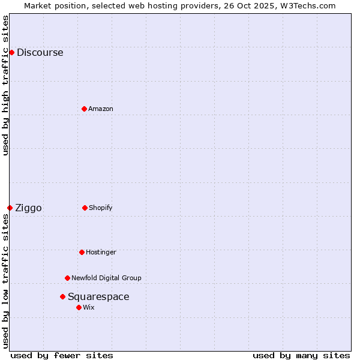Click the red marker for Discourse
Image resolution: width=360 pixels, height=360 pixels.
click(x=11, y=52)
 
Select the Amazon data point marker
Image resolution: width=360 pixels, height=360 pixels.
click(x=84, y=109)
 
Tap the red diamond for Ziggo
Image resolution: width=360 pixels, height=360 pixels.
click(x=10, y=208)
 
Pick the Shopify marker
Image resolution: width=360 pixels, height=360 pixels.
click(x=85, y=208)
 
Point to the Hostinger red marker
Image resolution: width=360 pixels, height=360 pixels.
click(x=82, y=252)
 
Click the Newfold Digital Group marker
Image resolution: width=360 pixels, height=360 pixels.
click(x=67, y=278)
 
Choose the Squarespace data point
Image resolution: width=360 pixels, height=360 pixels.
click(x=62, y=296)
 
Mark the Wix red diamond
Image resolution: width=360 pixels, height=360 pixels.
click(x=79, y=307)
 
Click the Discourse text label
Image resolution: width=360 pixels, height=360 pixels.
click(x=40, y=52)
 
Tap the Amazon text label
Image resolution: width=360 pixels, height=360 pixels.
click(x=101, y=109)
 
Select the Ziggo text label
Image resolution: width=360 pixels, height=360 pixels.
click(x=28, y=208)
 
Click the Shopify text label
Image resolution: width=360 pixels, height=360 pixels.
click(x=101, y=208)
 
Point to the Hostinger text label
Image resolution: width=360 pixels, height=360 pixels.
click(x=101, y=252)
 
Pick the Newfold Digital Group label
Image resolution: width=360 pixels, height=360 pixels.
click(x=106, y=278)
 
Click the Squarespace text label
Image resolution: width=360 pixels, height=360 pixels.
click(x=98, y=296)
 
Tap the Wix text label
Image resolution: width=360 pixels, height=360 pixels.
click(x=89, y=307)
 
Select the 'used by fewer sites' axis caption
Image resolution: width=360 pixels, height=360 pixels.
click(x=62, y=355)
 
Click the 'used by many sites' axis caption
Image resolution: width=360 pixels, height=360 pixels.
click(x=301, y=355)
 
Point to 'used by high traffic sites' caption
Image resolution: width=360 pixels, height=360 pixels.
click(x=6, y=85)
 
